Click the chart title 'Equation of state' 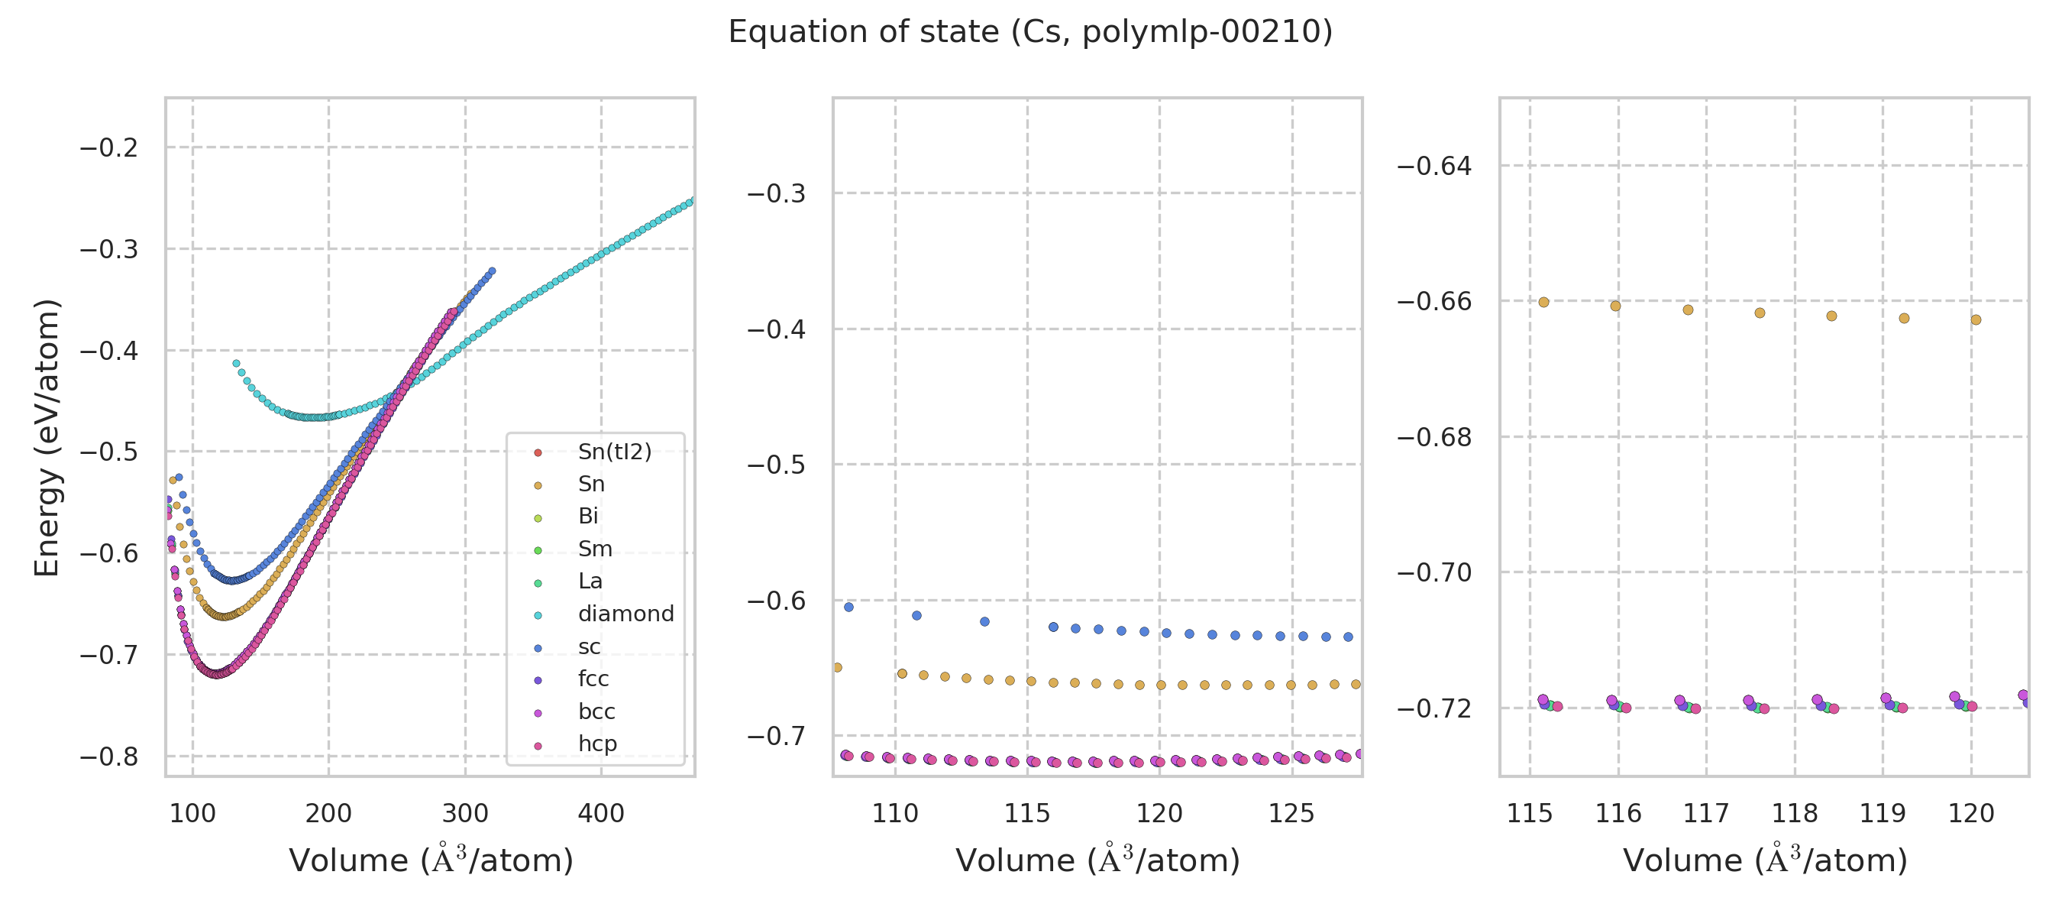pos(1030,32)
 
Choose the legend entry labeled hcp pos(597,744)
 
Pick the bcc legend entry pos(596,711)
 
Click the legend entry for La pos(590,581)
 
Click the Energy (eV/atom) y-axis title pos(47,437)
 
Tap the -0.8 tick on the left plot pos(109,757)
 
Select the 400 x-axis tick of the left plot pos(601,814)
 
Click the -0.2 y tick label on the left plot pos(109,148)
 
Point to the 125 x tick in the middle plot pos(1291,814)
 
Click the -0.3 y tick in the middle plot pos(776,194)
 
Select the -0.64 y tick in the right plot pos(1433,167)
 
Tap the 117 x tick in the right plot pos(1706,814)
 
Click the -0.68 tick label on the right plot pos(1433,437)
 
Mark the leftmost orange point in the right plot pos(1543,302)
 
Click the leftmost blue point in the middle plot pos(848,607)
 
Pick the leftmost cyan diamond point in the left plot pos(236,363)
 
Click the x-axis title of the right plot pos(1765,860)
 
